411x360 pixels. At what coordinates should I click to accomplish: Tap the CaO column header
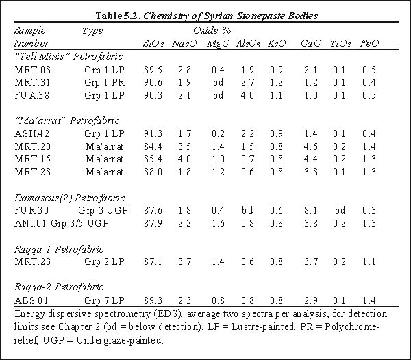(x=308, y=43)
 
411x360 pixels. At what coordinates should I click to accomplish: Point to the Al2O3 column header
(x=247, y=43)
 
